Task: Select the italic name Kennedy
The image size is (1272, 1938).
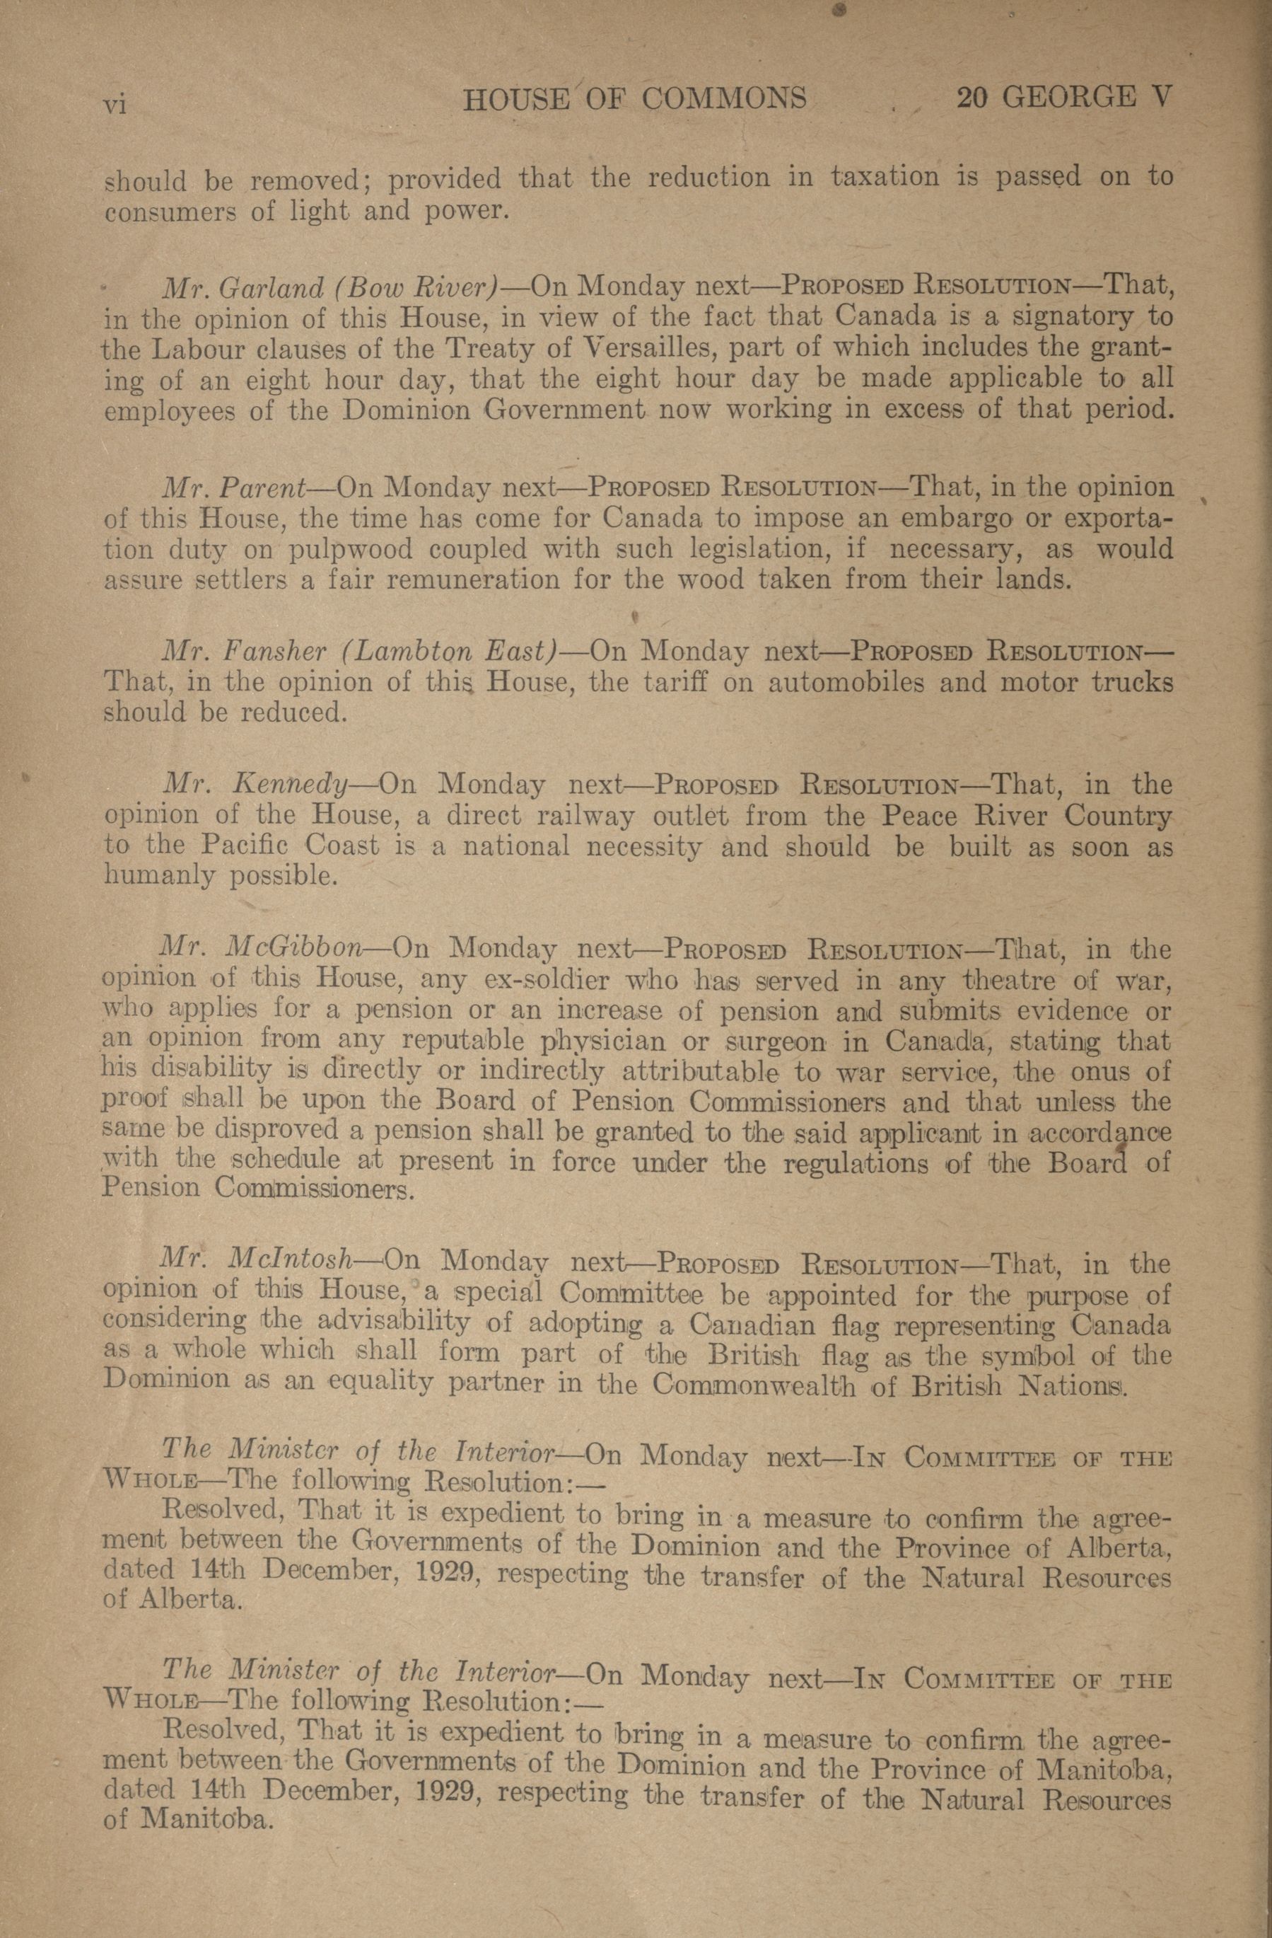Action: tap(291, 784)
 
